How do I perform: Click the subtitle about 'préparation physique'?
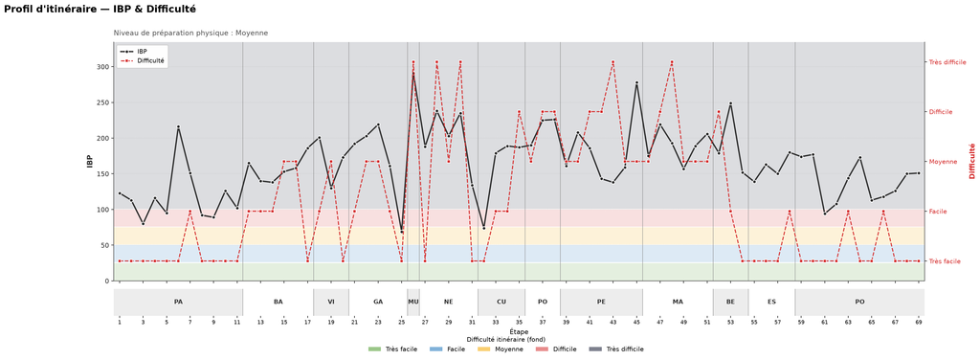click(x=190, y=33)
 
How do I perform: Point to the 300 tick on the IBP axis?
click(x=104, y=67)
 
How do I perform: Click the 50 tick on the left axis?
click(x=106, y=246)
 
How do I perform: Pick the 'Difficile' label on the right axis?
click(x=941, y=112)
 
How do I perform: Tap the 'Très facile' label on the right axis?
click(x=944, y=261)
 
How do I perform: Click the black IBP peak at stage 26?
click(x=413, y=74)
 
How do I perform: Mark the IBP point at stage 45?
click(x=636, y=82)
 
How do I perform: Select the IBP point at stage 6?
click(x=178, y=127)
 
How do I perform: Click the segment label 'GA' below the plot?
click(x=378, y=302)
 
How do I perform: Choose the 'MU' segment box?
click(x=413, y=302)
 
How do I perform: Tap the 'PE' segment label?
click(x=601, y=302)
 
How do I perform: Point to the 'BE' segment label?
click(x=730, y=302)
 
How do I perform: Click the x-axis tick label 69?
click(x=919, y=323)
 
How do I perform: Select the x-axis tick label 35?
click(x=519, y=323)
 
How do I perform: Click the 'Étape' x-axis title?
click(x=519, y=331)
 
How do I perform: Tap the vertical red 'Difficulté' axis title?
click(x=972, y=161)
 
